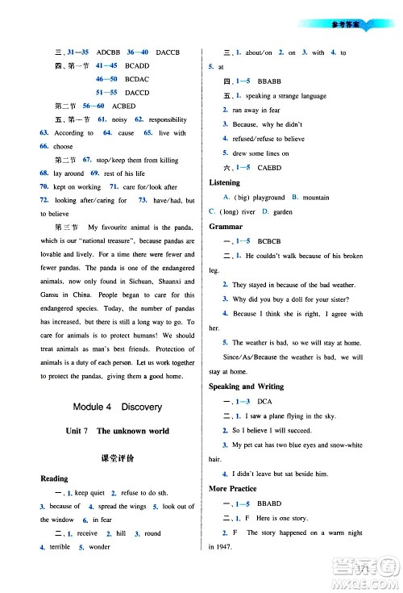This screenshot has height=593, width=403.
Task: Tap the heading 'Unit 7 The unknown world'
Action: click(117, 432)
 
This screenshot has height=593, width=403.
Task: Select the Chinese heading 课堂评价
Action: click(117, 457)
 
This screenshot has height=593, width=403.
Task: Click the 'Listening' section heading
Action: click(224, 183)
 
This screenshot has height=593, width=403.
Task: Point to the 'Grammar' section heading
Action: click(226, 227)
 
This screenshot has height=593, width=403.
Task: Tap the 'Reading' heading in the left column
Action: click(54, 478)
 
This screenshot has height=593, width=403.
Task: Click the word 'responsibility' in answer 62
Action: click(169, 119)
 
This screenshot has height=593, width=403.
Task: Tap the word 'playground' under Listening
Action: click(268, 198)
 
